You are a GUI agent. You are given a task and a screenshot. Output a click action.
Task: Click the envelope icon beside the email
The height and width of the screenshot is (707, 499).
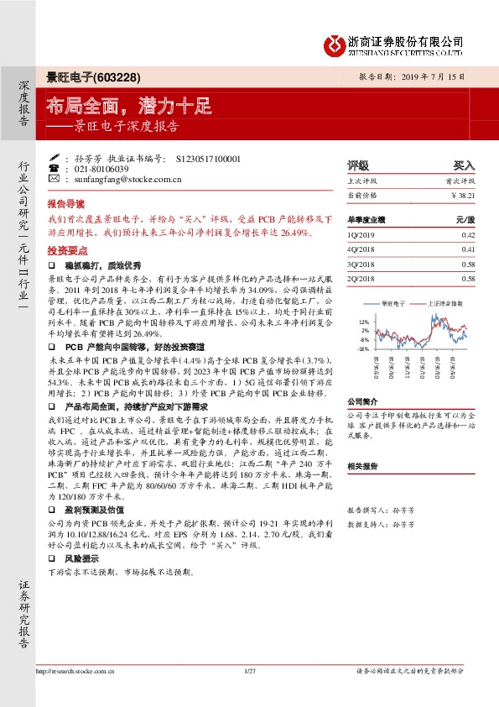coord(55,178)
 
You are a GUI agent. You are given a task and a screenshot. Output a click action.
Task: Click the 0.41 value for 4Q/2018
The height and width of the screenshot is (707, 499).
coord(468,249)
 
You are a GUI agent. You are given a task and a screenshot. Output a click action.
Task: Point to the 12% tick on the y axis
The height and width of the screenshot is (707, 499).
coord(363,322)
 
